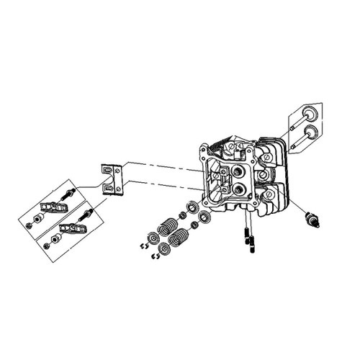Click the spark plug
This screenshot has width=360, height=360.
click(x=312, y=218)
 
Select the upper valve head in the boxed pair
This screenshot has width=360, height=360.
click(x=310, y=112)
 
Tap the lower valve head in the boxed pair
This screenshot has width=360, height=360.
click(x=310, y=132)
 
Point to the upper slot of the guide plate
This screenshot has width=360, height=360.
click(x=109, y=171)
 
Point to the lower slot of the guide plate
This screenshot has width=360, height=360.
click(x=109, y=189)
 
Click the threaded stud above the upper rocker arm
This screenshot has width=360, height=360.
click(x=70, y=193)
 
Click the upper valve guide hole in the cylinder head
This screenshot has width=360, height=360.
click(x=238, y=171)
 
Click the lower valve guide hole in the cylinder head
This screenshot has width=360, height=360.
click(x=238, y=189)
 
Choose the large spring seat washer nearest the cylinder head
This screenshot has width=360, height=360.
click(x=204, y=216)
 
